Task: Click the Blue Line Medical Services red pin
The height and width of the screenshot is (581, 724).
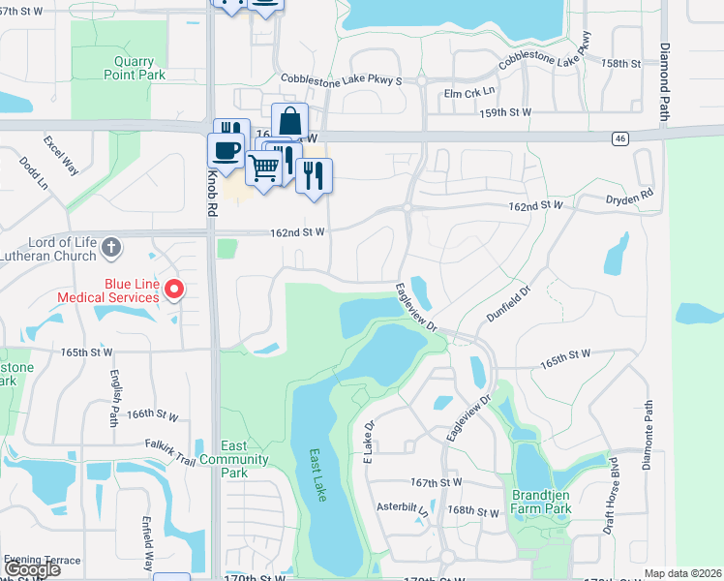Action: (x=174, y=289)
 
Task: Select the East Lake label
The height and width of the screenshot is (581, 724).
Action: (x=318, y=475)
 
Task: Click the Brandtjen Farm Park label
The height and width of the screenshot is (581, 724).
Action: (x=542, y=502)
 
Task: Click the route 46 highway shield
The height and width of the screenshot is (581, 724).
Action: (x=619, y=139)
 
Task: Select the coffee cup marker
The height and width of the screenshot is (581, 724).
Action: (x=226, y=151)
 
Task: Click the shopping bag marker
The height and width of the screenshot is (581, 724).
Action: (x=289, y=122)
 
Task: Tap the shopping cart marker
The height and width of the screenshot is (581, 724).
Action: (x=263, y=168)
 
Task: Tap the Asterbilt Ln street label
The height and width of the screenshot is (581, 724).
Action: (x=403, y=506)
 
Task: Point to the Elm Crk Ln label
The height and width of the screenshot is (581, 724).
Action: (x=469, y=93)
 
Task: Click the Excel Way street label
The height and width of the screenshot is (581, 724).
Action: (x=61, y=155)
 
